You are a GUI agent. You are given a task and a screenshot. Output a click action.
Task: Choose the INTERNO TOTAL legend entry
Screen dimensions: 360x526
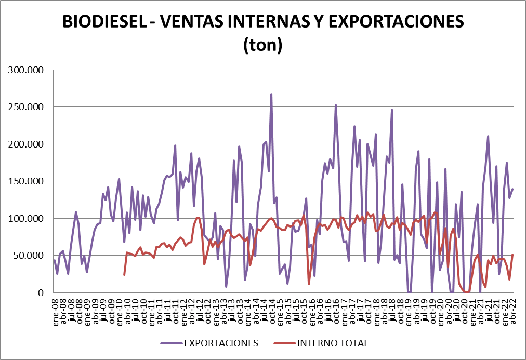(x=333, y=343)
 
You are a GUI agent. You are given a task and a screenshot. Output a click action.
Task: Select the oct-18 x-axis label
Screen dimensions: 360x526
(x=400, y=310)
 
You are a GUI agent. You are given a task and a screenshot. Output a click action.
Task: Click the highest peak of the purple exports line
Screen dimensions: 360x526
(x=271, y=95)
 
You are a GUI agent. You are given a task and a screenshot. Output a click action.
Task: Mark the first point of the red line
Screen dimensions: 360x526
(x=124, y=275)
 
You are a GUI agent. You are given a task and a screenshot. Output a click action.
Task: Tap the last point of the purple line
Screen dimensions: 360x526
(x=513, y=189)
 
